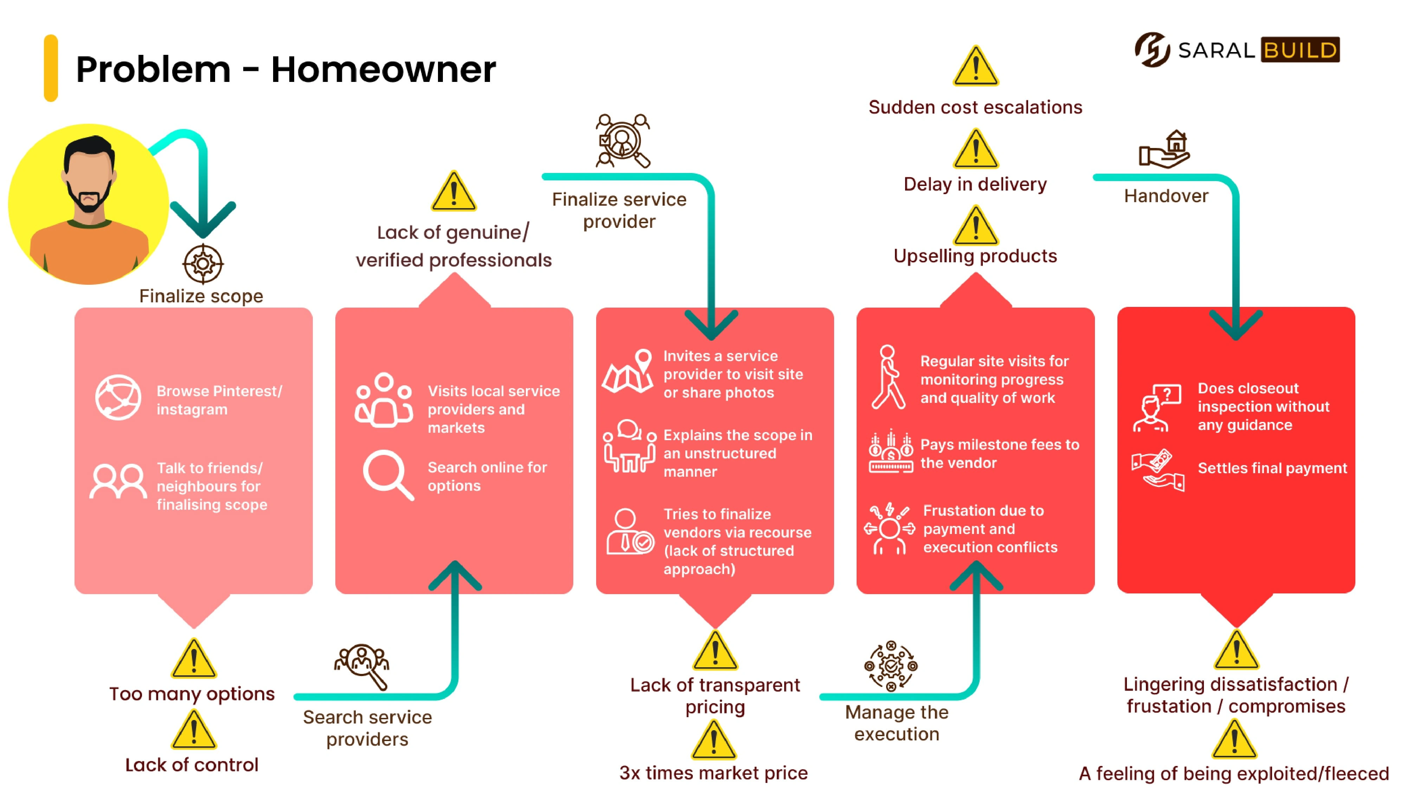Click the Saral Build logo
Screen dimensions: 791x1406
pyautogui.click(x=1236, y=50)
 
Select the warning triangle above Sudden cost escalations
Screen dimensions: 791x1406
pyautogui.click(x=975, y=66)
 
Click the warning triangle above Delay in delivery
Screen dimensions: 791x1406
pyautogui.click(x=975, y=149)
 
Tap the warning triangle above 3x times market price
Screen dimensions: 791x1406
pyautogui.click(x=714, y=741)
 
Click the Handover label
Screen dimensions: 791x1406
pyautogui.click(x=1166, y=196)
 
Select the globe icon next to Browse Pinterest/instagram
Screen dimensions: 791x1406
pyautogui.click(x=118, y=397)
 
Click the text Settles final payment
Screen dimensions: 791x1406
pyautogui.click(x=1272, y=468)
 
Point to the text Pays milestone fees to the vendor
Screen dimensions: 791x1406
pyautogui.click(x=999, y=454)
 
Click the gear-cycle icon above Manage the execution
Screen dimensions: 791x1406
pyautogui.click(x=891, y=666)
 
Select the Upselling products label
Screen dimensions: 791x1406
pyautogui.click(x=975, y=256)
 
